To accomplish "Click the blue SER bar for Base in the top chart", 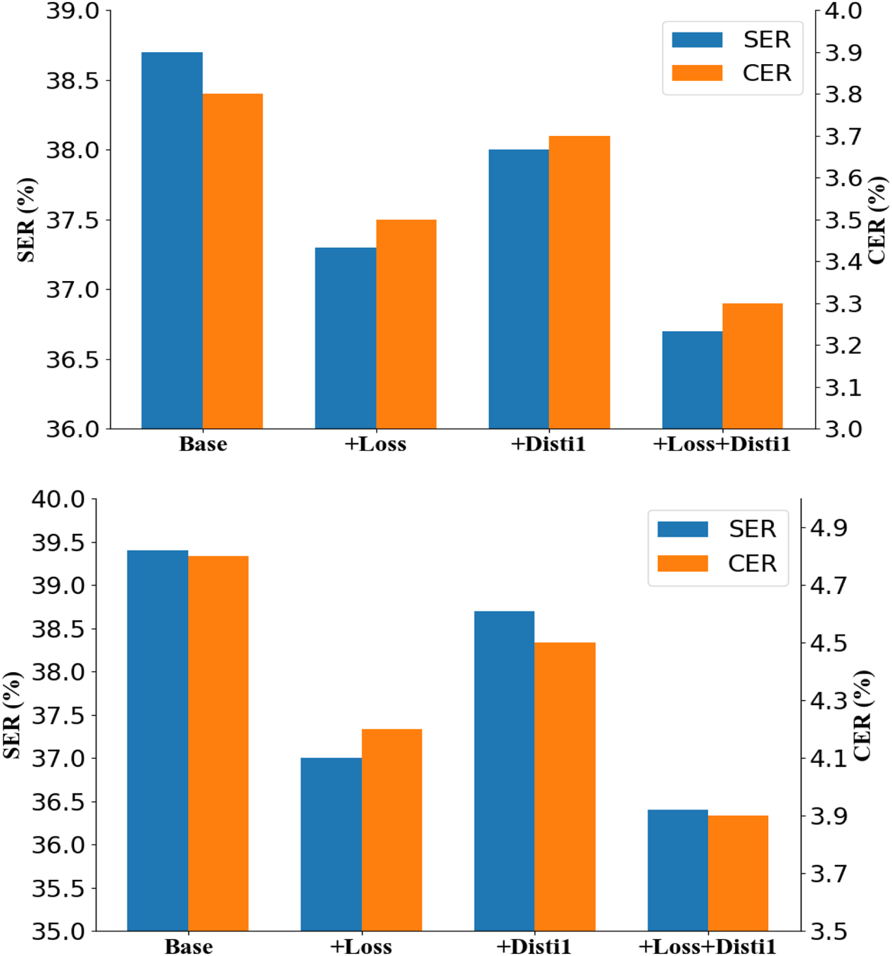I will pos(172,240).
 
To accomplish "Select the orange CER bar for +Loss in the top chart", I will pos(406,324).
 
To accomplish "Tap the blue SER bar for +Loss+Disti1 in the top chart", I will pos(692,380).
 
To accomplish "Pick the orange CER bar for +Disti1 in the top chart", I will pos(579,282).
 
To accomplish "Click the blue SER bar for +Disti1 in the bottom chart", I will pos(504,771).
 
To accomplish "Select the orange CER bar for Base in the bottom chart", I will pos(218,743).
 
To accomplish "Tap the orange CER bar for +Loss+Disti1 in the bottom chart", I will pos(738,873).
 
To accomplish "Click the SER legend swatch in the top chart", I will pos(697,39).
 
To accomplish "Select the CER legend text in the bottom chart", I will pos(752,564).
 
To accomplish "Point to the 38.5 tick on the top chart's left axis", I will pos(73,80).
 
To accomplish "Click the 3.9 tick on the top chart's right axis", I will pos(843,53).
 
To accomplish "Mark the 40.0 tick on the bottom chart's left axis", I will pos(58,499).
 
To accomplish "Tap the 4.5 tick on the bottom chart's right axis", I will pos(829,643).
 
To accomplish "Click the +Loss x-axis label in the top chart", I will pos(375,445).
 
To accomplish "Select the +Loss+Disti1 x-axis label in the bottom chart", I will pos(707,946).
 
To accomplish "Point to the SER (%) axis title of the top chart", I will pos(26,220).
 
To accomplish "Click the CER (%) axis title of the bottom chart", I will pos(863,715).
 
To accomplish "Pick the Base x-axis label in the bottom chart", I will pos(189,946).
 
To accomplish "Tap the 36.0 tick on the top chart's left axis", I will pos(73,429).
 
